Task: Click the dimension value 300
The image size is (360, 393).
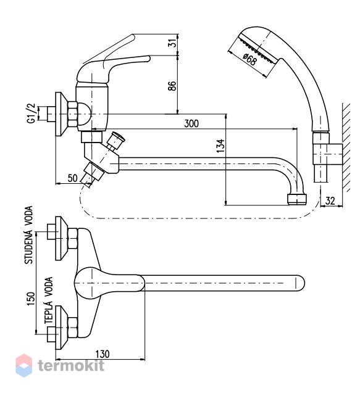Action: (191, 123)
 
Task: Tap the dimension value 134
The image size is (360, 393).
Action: (220, 146)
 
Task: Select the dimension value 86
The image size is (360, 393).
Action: (172, 86)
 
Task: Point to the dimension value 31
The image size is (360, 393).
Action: (172, 44)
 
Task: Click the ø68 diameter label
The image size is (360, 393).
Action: (250, 60)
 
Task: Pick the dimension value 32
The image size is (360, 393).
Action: (330, 201)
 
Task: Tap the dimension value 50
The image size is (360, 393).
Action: (72, 178)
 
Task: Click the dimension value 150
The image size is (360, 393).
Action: (31, 299)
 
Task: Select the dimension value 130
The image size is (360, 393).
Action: (103, 354)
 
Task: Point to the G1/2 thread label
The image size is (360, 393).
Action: (31, 114)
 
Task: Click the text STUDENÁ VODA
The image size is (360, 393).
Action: (28, 234)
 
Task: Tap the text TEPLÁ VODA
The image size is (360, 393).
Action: (49, 300)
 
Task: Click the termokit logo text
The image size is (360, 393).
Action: (71, 365)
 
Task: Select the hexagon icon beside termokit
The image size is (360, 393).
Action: (24, 365)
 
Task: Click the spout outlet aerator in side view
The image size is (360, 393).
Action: (296, 199)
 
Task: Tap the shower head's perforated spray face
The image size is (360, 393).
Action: (258, 50)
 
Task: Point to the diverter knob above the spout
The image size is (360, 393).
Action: (116, 140)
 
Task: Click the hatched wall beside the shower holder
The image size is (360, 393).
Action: (346, 147)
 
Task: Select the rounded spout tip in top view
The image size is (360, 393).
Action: (299, 283)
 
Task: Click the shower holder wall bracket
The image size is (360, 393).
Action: (328, 154)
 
